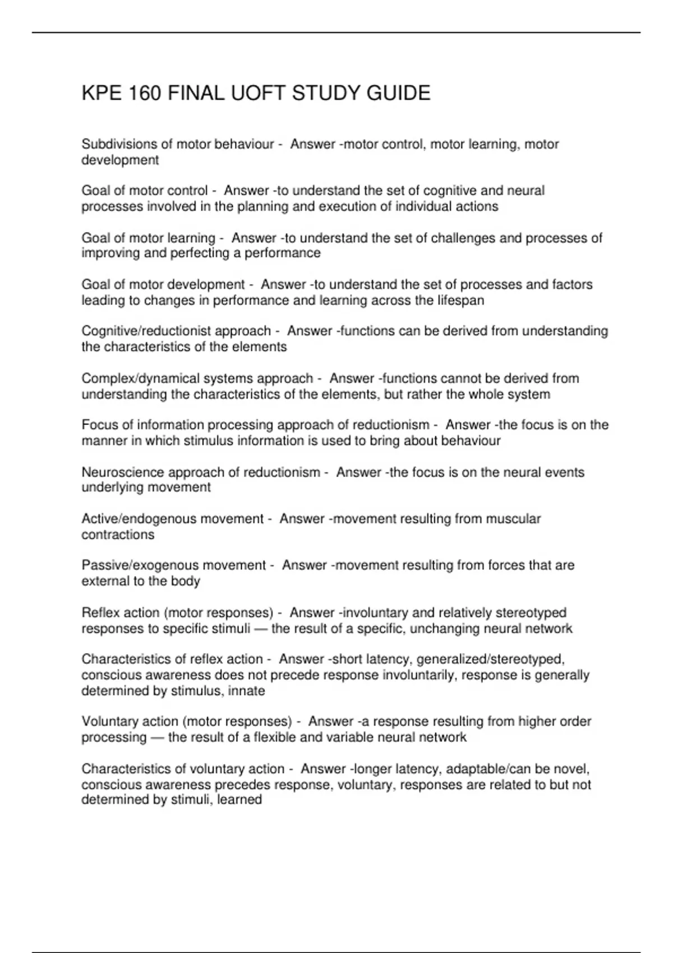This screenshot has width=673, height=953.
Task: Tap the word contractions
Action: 118,534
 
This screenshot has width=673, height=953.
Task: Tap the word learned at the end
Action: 239,799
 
